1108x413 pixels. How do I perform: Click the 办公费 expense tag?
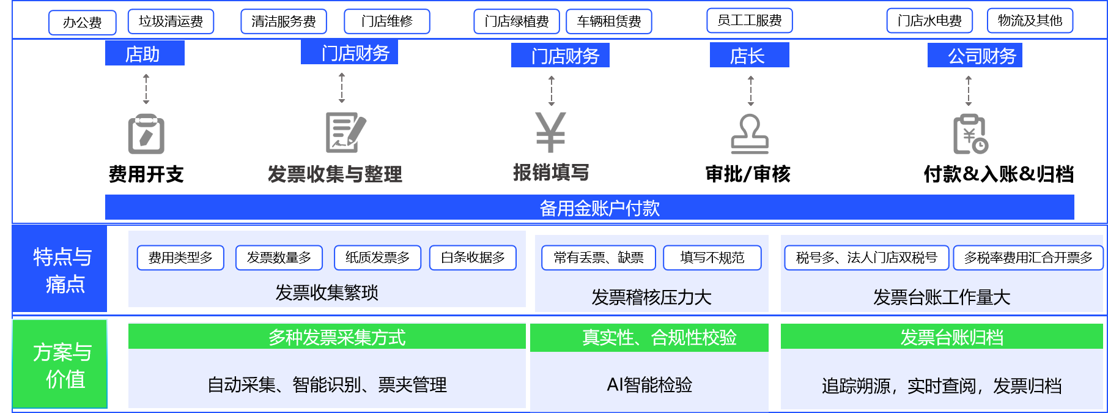click(83, 23)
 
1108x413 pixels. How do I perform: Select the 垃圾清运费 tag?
click(171, 21)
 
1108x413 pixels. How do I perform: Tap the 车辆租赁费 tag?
click(609, 21)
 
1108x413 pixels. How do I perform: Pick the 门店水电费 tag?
click(929, 21)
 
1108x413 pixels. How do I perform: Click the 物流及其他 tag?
click(1030, 20)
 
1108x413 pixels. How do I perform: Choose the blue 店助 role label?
click(144, 54)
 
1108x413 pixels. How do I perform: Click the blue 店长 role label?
click(749, 56)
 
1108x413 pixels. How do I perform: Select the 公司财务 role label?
click(975, 56)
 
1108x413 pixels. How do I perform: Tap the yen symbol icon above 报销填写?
click(551, 131)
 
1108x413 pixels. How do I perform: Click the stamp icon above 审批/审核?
click(750, 133)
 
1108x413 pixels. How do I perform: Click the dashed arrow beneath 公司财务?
click(968, 91)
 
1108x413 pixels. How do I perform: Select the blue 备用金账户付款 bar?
click(589, 207)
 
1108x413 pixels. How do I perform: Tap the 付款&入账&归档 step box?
click(990, 171)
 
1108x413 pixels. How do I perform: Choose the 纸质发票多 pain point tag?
click(377, 258)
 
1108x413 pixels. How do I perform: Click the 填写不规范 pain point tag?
click(712, 258)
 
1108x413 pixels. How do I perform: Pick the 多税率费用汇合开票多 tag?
click(1028, 258)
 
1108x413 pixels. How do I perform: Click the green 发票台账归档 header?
click(942, 337)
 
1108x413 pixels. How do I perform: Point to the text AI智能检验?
click(649, 385)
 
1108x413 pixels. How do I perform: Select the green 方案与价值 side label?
click(61, 365)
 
